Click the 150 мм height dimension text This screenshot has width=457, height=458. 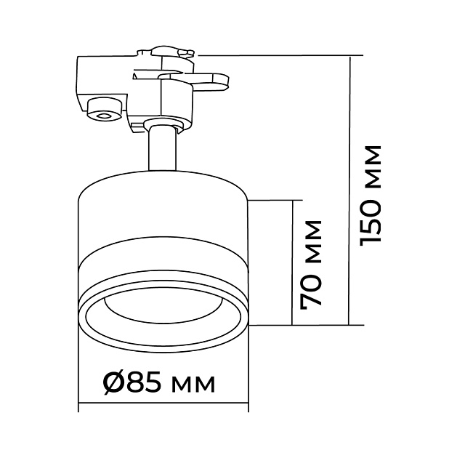(x=372, y=193)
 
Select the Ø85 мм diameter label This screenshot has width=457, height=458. (x=159, y=382)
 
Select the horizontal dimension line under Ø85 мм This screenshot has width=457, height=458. (x=161, y=404)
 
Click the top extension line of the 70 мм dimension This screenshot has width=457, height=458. (x=272, y=198)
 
